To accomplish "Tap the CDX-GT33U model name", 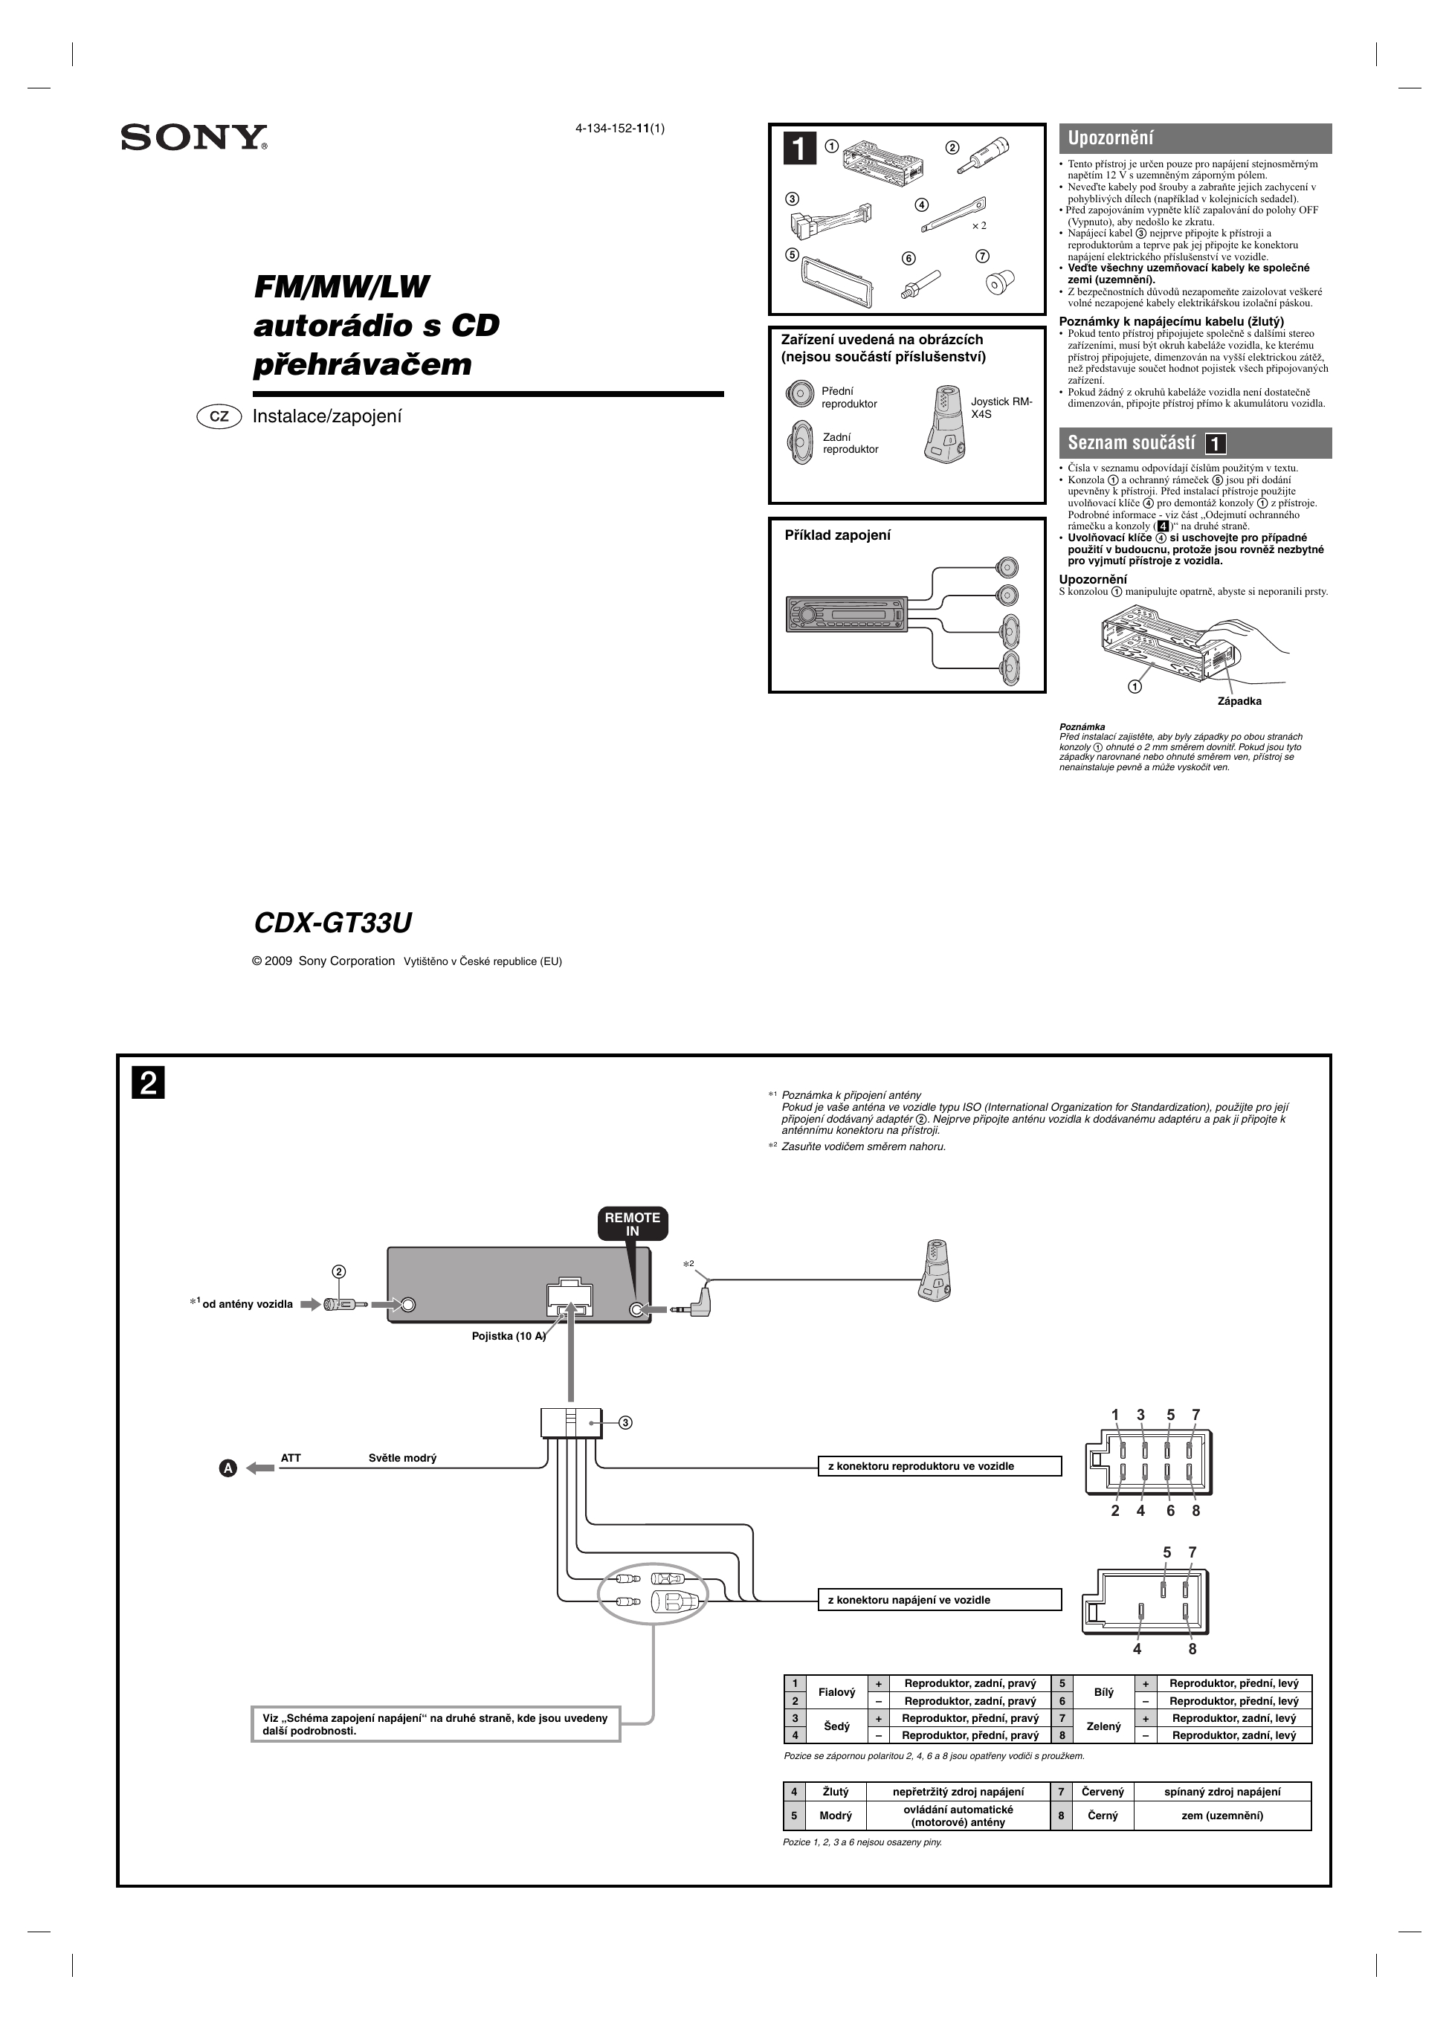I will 332,923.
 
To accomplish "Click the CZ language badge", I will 219,416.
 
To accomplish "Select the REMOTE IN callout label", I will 633,1224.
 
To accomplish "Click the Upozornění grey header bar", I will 1194,138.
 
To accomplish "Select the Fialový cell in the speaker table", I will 836,1691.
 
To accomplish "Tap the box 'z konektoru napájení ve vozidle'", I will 939,1600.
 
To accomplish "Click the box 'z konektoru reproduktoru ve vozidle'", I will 939,1466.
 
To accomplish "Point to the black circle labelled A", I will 228,1468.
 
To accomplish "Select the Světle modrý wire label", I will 402,1458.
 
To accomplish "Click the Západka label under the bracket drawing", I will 1239,701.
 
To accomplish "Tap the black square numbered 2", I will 149,1084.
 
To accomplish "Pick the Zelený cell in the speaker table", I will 1103,1726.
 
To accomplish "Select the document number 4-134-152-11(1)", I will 620,127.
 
